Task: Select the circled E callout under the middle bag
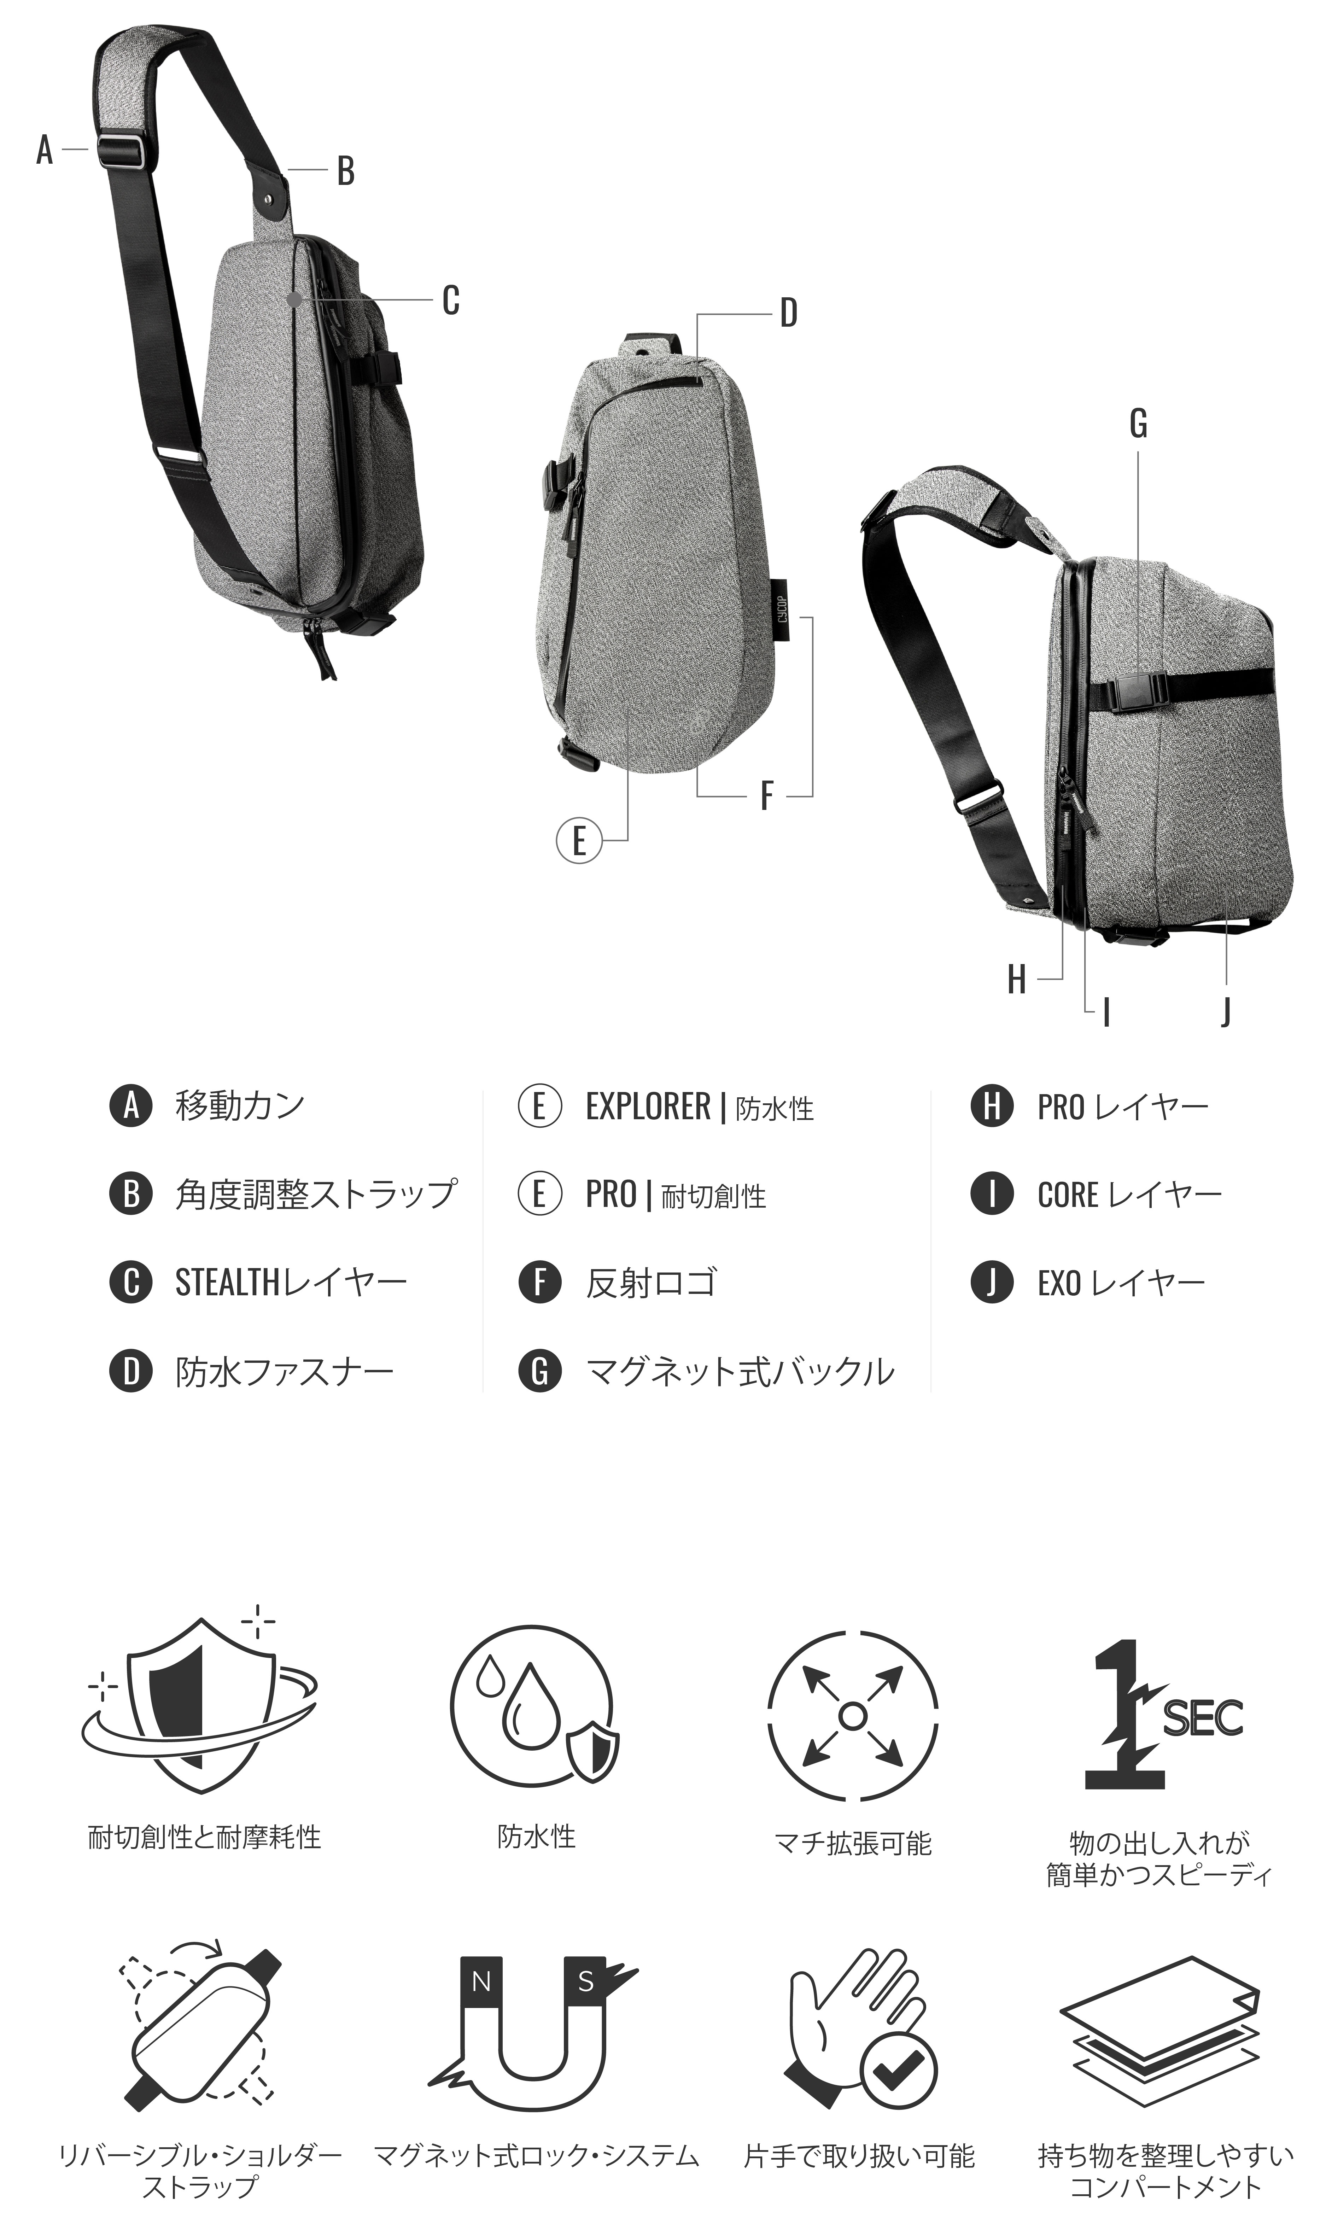(578, 841)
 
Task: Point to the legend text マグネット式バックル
(740, 1371)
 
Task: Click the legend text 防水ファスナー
(284, 1371)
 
